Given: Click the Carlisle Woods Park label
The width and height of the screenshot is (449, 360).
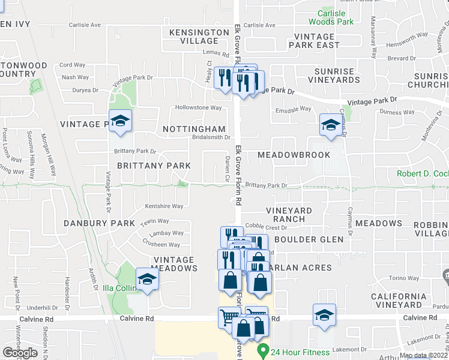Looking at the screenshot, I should (331, 17).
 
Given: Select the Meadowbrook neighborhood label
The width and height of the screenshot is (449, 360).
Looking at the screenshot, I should (294, 155).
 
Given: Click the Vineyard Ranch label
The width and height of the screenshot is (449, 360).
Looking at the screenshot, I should (289, 215).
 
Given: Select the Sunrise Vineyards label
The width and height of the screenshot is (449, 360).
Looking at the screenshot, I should (337, 75).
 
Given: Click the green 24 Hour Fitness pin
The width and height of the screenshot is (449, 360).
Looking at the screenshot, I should (262, 350).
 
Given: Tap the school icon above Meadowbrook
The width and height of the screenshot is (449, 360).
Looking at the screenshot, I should (330, 125).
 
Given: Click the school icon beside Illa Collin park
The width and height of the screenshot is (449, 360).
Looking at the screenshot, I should (147, 279).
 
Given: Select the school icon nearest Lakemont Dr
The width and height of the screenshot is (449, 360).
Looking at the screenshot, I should (324, 315).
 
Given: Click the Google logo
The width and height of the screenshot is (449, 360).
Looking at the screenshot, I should (20, 353).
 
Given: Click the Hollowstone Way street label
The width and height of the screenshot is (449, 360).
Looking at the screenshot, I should (198, 108).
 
